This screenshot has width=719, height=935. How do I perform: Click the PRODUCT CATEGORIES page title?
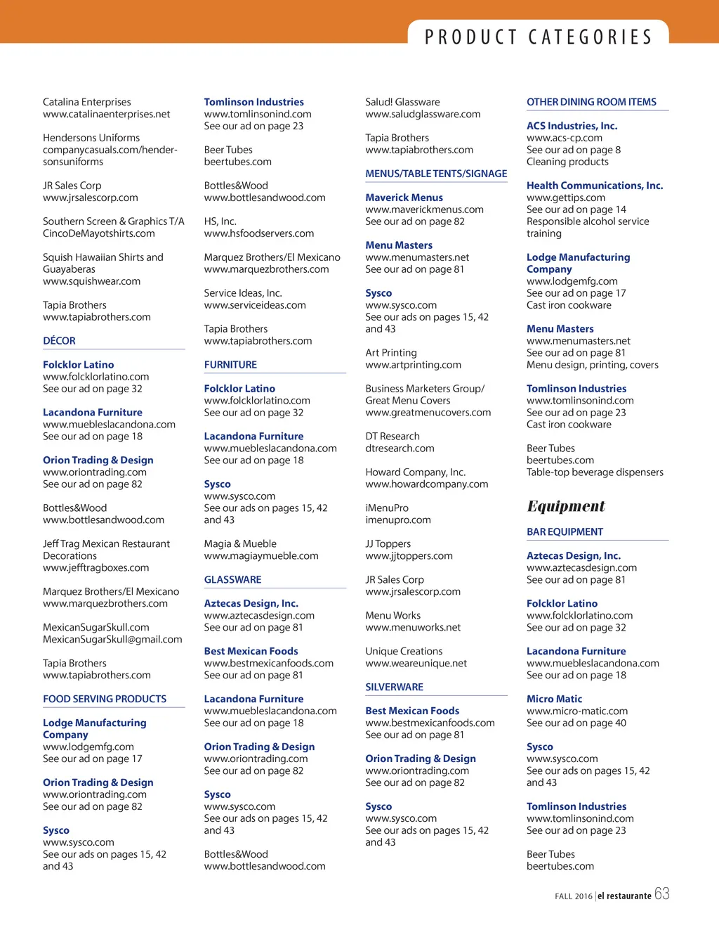(x=539, y=37)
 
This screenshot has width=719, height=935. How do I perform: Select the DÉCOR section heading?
(x=59, y=341)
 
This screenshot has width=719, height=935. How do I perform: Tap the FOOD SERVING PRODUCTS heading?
(x=105, y=699)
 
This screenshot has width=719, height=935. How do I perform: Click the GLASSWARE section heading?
(x=232, y=580)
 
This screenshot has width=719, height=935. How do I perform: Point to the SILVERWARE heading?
(x=394, y=687)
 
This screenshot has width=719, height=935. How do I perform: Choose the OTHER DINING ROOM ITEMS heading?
(x=591, y=102)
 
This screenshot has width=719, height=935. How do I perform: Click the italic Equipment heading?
(x=566, y=506)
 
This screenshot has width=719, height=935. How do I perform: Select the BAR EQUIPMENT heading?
(x=565, y=532)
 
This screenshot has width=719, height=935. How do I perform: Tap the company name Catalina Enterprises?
(x=86, y=102)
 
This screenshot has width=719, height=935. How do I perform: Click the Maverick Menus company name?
(x=404, y=198)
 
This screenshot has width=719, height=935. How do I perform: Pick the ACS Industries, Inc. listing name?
(x=572, y=126)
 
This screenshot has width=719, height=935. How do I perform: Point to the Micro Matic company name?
(x=554, y=699)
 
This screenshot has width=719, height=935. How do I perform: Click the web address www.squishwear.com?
(x=91, y=281)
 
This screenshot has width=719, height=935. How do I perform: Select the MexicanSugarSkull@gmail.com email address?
(x=112, y=639)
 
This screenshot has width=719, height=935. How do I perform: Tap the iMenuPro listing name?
(x=386, y=508)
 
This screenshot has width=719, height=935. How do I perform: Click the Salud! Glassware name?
(x=402, y=102)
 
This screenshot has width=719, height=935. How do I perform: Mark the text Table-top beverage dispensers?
(x=595, y=472)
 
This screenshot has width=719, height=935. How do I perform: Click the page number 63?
(x=661, y=894)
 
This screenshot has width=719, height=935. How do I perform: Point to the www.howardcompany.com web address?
(x=426, y=484)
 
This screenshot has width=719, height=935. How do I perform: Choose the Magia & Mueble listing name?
(x=240, y=543)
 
